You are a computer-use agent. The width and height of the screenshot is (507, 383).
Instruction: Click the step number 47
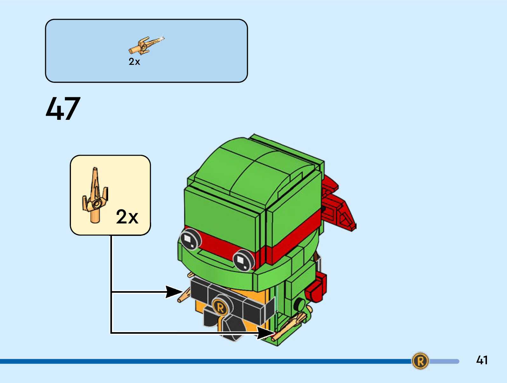(63, 109)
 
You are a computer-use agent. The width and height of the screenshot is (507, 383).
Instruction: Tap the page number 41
(482, 360)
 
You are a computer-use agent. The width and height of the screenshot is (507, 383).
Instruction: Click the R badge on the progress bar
(420, 361)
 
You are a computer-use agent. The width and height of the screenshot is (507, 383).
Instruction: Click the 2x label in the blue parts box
(134, 62)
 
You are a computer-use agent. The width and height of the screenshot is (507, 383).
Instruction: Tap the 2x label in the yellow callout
(127, 217)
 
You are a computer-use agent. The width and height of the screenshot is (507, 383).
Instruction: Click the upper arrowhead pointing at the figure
(173, 292)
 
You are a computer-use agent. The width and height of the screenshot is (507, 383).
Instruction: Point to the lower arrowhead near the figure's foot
(265, 333)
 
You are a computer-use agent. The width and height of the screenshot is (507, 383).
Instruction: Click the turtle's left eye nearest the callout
(190, 239)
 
